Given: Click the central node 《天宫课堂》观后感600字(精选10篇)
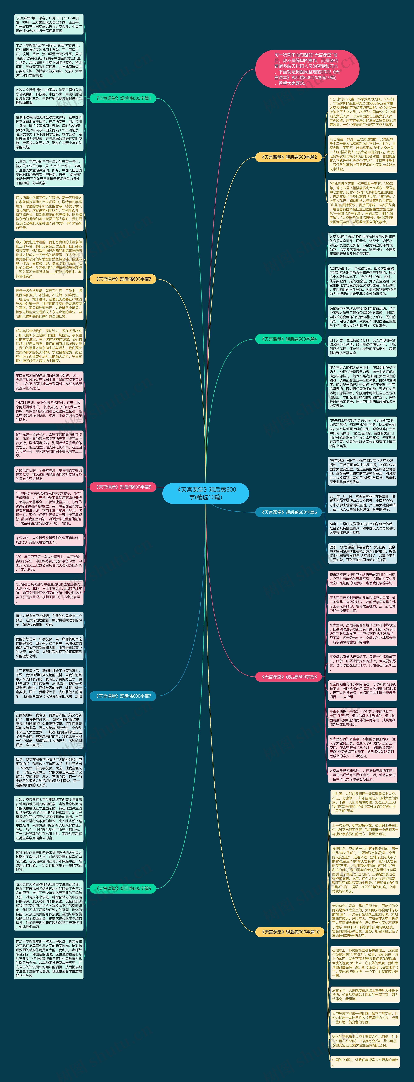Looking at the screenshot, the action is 206,493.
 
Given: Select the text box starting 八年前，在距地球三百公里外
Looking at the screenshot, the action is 49,172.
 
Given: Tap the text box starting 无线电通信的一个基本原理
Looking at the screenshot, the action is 49,474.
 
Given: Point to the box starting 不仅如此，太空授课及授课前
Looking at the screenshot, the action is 49,540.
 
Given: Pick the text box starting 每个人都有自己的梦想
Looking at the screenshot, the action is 49,620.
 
